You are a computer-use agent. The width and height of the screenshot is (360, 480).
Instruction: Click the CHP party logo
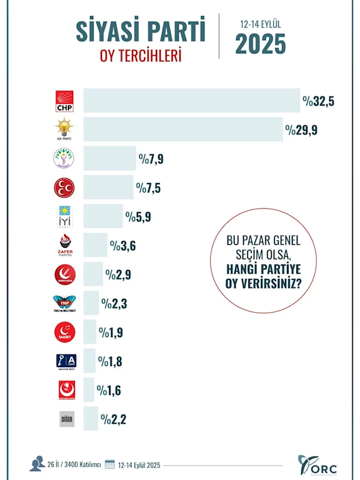click(x=64, y=100)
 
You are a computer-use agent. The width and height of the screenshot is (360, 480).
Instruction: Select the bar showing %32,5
click(x=191, y=100)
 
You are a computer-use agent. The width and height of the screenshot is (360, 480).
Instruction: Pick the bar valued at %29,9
click(x=183, y=130)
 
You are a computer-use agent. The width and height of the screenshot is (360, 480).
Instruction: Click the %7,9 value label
click(x=151, y=159)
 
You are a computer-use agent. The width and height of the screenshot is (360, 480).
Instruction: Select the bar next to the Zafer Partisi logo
click(x=95, y=245)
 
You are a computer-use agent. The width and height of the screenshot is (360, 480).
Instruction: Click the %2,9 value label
click(x=118, y=274)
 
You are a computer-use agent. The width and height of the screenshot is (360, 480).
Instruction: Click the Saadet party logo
click(x=64, y=332)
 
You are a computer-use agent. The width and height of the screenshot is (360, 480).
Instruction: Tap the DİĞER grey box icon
click(x=66, y=419)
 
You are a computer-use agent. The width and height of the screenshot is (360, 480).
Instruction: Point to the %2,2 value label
click(x=114, y=418)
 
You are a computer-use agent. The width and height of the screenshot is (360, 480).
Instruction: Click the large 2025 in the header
click(x=260, y=44)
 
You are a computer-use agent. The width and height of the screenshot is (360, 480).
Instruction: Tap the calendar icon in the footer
click(x=109, y=464)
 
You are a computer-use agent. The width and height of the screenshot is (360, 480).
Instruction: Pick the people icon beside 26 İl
click(x=37, y=464)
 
